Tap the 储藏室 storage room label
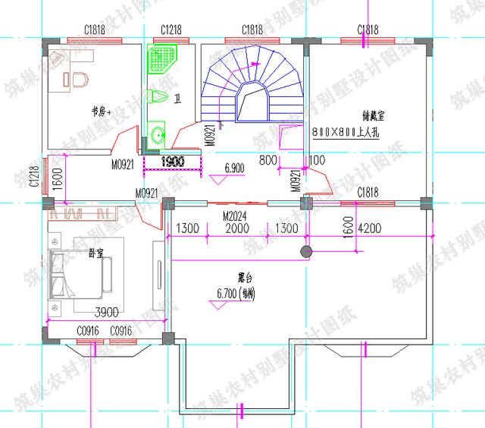click(371, 116)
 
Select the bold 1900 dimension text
click(172, 162)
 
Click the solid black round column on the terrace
click(306, 251)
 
